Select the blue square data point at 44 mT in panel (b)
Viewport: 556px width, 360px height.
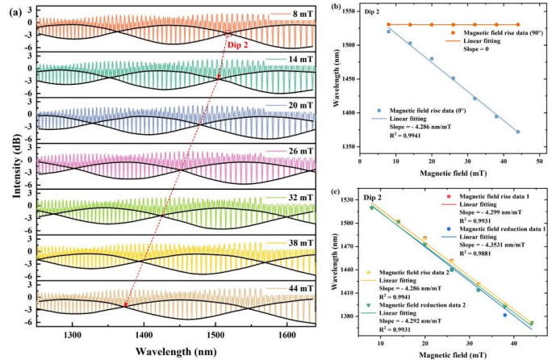point(518,132)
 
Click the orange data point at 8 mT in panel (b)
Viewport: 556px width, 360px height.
point(388,25)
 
